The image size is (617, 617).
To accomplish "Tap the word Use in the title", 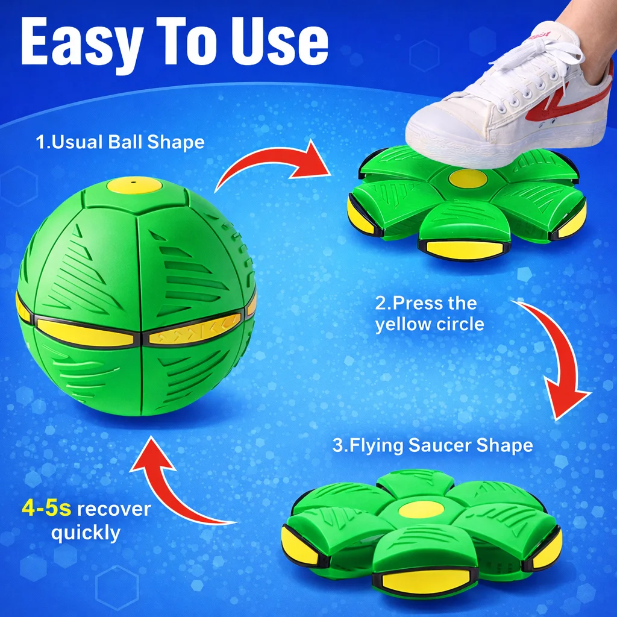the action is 280,41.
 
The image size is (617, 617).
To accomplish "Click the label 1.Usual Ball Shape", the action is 120,142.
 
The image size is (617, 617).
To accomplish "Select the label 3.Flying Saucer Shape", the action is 433,445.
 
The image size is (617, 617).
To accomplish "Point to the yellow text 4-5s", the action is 46,508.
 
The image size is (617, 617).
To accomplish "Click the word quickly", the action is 86,533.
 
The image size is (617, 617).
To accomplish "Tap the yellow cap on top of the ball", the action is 134,185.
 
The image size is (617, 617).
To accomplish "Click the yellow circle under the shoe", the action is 468,178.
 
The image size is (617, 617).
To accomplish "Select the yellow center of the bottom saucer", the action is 421,509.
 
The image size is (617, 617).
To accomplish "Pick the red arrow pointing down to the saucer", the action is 559,354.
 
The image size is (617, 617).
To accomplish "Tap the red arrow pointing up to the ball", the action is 165,488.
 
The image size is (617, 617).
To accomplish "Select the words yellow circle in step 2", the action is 429,325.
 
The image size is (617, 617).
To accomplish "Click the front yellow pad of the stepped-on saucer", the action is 465,249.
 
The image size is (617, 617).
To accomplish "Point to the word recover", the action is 114,509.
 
